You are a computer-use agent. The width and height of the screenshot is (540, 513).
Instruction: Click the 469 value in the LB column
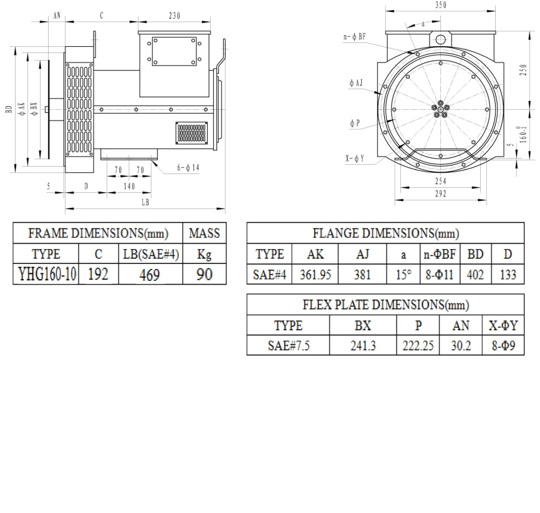[x=150, y=275]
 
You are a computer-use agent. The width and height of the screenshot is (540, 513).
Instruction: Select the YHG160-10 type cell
[x=47, y=275]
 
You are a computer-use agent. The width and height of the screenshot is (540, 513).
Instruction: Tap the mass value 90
[x=205, y=275]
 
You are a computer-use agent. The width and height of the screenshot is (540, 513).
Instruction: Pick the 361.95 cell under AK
[x=315, y=275]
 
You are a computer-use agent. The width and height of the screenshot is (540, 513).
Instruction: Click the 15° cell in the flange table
[x=403, y=275]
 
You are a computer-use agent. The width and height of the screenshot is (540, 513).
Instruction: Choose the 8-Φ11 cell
[x=440, y=275]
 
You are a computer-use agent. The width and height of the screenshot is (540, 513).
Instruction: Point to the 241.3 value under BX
[x=363, y=346]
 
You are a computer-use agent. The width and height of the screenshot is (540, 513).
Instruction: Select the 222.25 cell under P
[x=418, y=346]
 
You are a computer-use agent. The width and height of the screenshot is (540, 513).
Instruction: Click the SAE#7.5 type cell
[x=289, y=346]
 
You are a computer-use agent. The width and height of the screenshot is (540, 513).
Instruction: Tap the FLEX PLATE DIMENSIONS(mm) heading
[x=386, y=305]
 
